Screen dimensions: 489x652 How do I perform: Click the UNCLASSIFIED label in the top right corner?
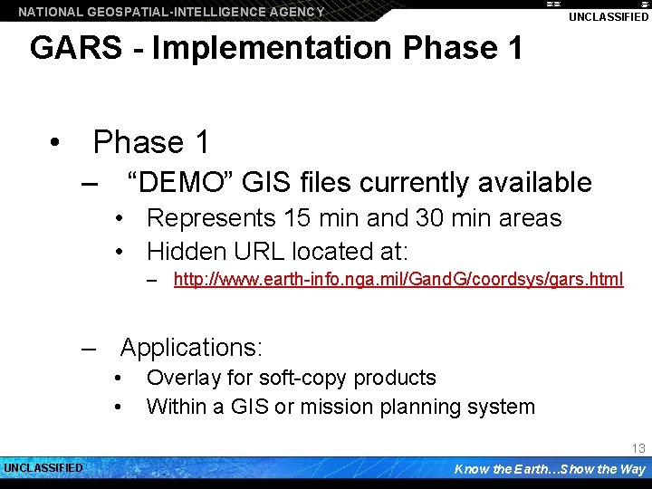pos(608,17)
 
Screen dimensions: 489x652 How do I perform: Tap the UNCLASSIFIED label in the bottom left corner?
pos(43,468)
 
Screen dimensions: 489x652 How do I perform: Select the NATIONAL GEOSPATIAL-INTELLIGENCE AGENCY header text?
pos(171,12)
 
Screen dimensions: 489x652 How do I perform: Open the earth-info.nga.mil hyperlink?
pos(398,279)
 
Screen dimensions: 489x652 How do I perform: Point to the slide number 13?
pos(638,448)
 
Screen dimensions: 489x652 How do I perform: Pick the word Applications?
pos(191,348)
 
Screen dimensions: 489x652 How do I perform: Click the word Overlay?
pos(182,378)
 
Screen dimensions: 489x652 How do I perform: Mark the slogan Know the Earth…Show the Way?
pos(549,469)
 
